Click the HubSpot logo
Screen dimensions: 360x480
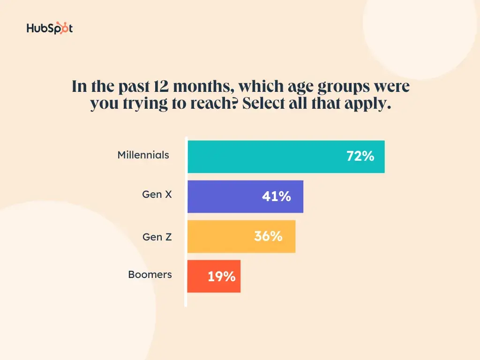(50, 29)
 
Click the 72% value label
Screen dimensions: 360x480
(360, 157)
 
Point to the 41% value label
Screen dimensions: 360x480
(276, 197)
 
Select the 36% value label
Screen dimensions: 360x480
(268, 236)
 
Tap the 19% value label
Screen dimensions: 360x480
(221, 277)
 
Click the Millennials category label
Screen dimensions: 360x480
(143, 155)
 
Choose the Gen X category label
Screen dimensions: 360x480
(157, 194)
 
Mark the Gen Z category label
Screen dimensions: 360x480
(157, 237)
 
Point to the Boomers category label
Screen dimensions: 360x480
(150, 275)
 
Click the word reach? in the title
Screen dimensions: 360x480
(213, 104)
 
